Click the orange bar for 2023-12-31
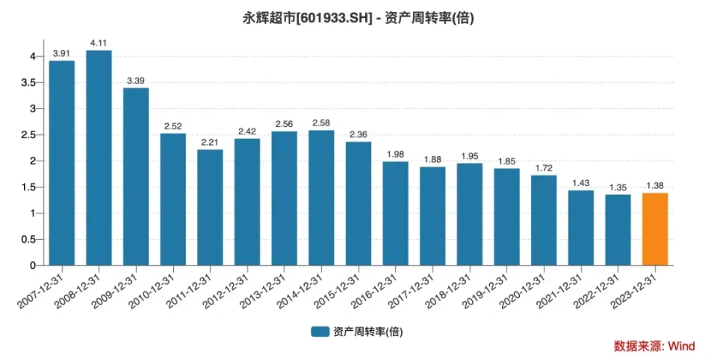coord(655,229)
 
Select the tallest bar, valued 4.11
coord(99,158)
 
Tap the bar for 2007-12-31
coord(62,163)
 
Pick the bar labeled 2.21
coord(210,208)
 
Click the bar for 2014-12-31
coord(321,198)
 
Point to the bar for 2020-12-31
coord(544,220)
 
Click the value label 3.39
coord(136,81)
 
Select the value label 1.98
coord(396,155)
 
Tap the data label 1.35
coord(618,187)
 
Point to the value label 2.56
coord(284,124)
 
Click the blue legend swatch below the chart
coord(320,330)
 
